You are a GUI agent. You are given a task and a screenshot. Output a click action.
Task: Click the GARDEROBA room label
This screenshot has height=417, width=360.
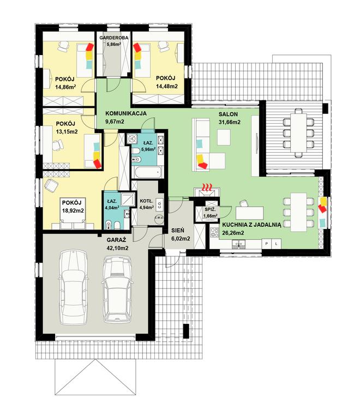(113, 38)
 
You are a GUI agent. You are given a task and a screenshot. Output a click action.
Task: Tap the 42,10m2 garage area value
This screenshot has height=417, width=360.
(117, 248)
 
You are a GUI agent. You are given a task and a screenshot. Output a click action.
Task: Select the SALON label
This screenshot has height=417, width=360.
(228, 114)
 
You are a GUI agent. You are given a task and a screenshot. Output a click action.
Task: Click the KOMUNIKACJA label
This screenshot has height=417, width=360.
(126, 113)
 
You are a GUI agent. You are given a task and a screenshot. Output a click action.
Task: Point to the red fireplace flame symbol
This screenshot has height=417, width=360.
(207, 187)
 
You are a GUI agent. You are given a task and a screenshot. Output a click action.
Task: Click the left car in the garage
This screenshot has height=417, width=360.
(73, 287)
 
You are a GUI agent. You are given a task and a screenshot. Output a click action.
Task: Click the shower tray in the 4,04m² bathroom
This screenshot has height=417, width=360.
(127, 200)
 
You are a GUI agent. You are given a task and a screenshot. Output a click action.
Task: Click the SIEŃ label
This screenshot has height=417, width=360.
(178, 231)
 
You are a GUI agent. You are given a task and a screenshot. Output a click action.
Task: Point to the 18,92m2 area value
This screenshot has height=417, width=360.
(73, 211)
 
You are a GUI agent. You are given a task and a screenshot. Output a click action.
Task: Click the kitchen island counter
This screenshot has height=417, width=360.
(250, 213)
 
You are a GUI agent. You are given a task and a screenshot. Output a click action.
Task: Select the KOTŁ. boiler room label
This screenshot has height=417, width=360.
(146, 201)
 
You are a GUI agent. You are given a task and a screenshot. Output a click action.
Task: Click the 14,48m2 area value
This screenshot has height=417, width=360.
(167, 86)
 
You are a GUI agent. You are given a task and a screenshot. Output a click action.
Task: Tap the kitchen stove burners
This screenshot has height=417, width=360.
(214, 232)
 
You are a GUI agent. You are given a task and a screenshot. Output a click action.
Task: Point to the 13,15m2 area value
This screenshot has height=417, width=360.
(67, 131)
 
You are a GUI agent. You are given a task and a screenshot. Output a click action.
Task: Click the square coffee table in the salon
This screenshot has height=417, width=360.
(224, 137)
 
